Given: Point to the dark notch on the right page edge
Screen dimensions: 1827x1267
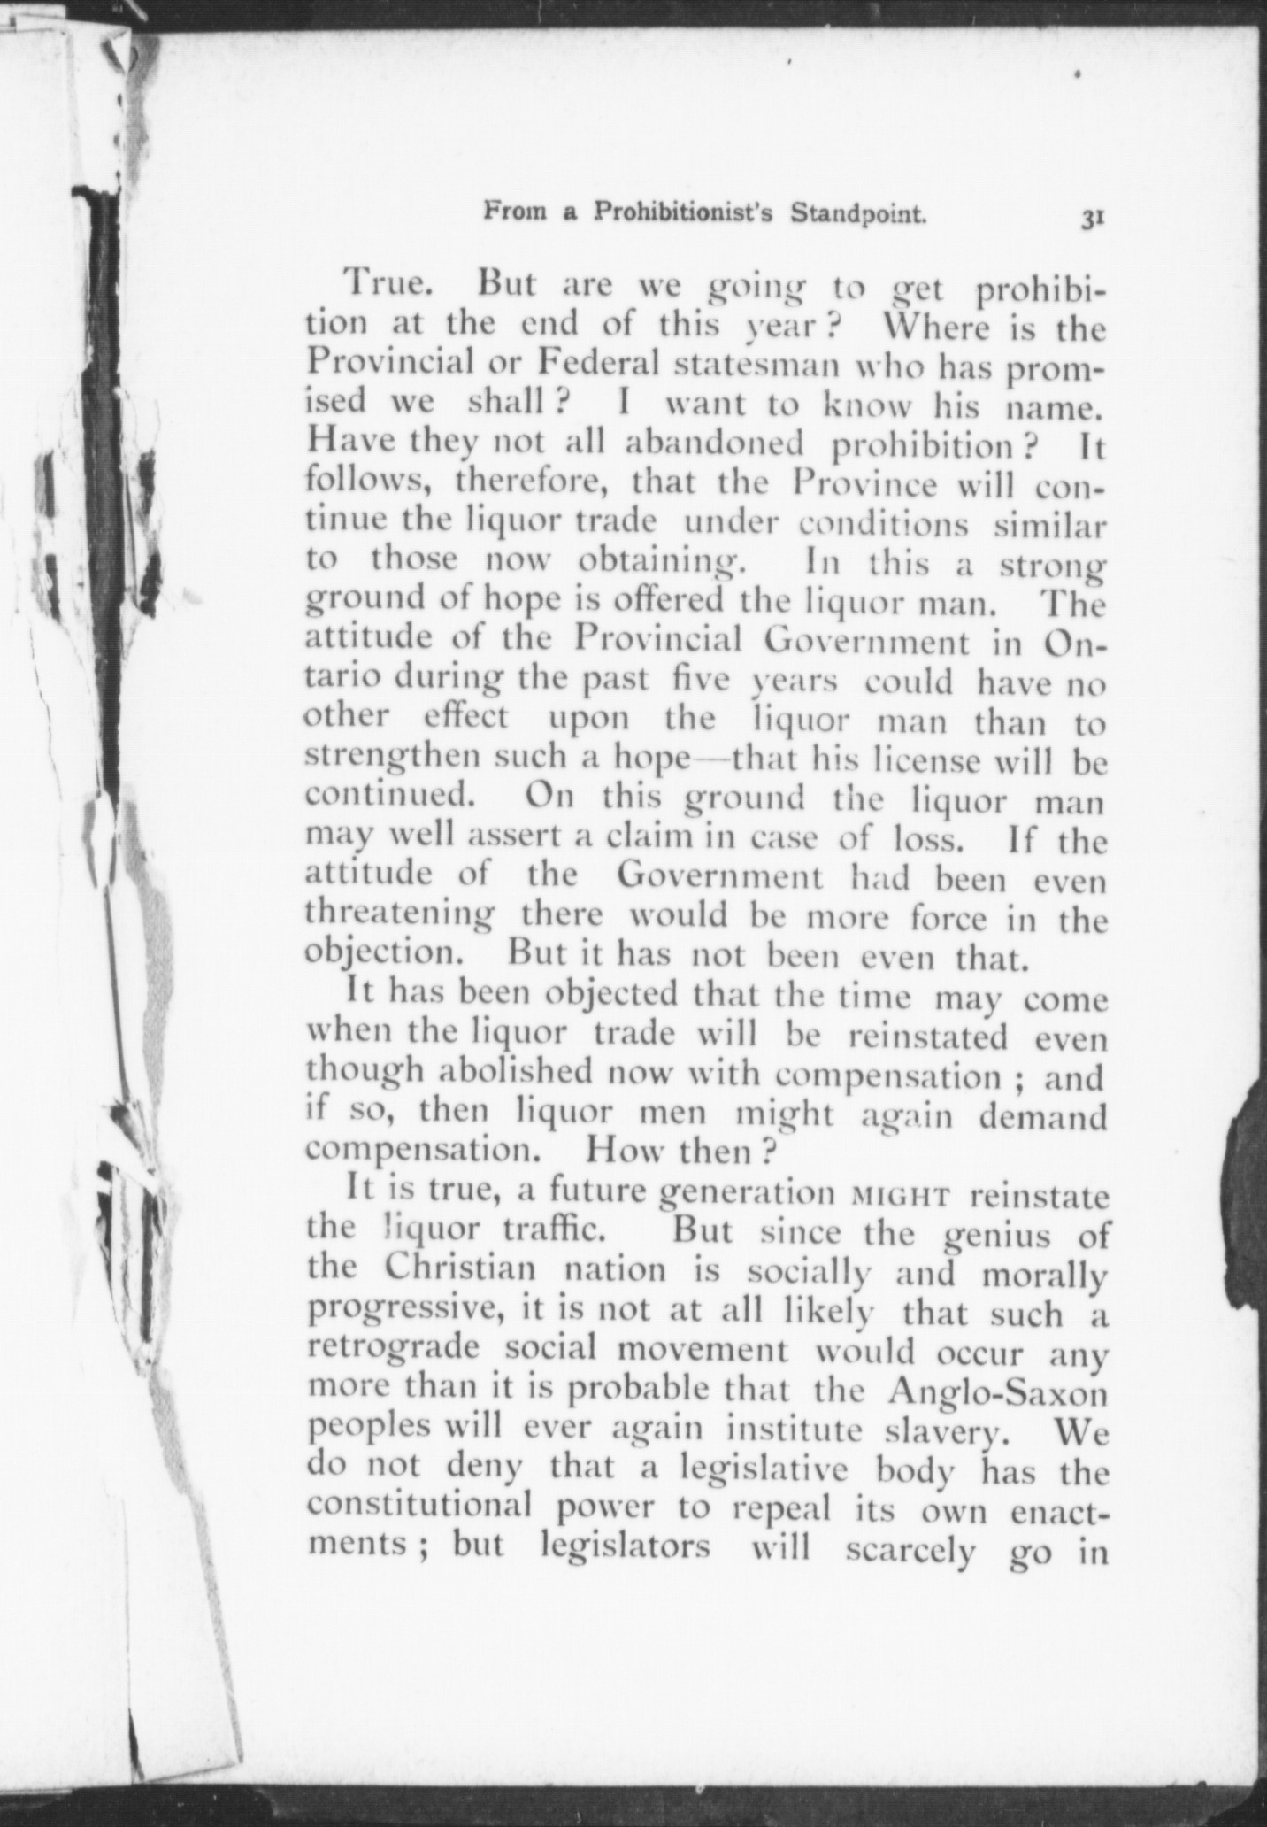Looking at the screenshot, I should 1249,1160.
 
